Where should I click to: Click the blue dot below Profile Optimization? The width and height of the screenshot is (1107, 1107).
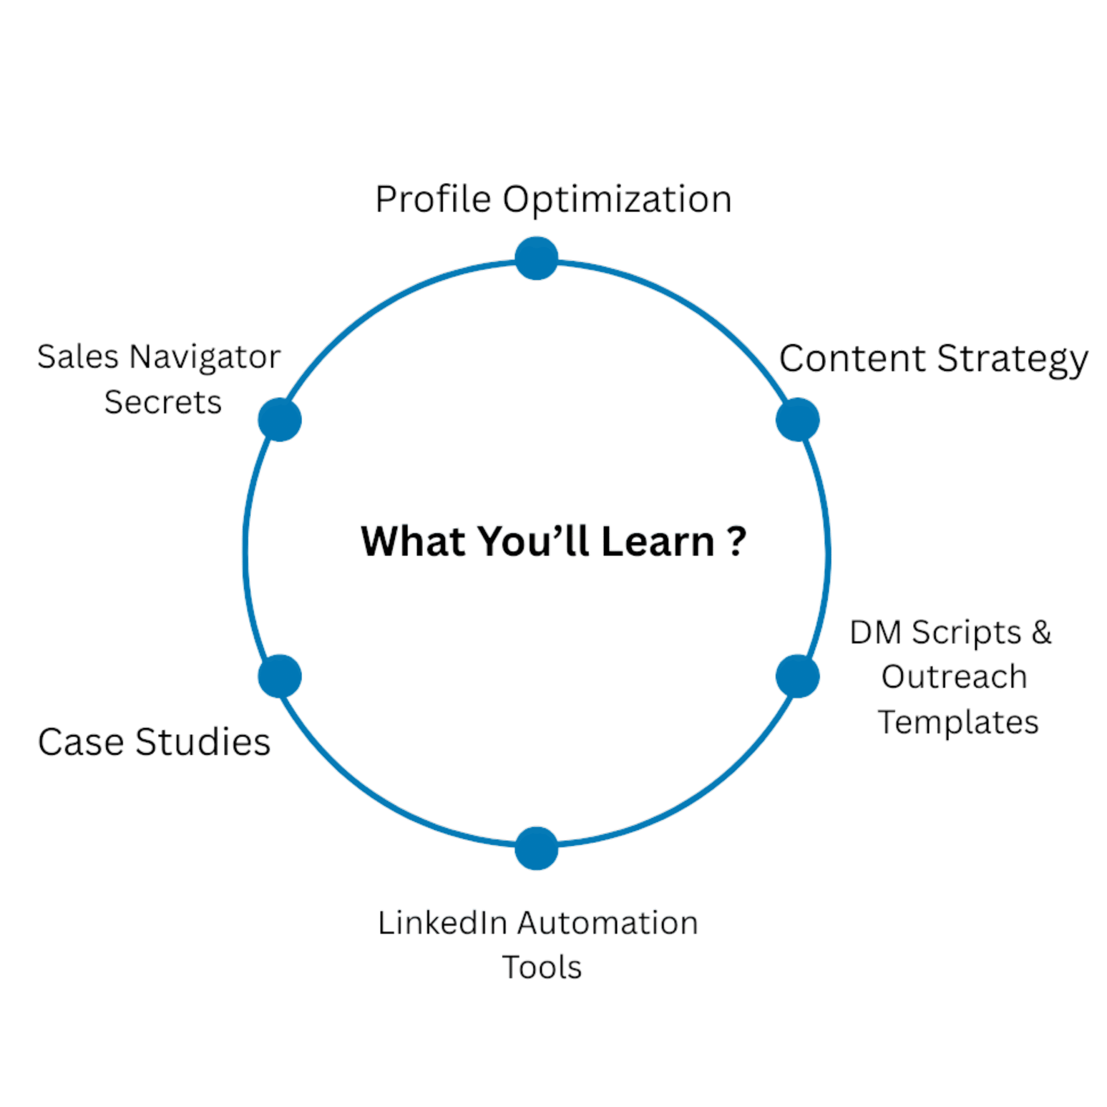pos(536,259)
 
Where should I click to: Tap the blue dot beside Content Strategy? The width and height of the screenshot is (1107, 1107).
pos(797,420)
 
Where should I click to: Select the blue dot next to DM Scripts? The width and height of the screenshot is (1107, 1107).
pos(797,677)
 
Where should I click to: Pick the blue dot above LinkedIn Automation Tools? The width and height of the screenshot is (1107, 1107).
pos(536,848)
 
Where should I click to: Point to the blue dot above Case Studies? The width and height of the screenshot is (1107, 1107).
pos(280,676)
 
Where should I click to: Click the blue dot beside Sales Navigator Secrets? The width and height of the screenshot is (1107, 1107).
pos(280,420)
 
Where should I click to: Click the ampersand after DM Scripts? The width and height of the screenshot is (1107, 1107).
pos(1041,633)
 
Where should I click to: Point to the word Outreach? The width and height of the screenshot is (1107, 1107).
pos(954,677)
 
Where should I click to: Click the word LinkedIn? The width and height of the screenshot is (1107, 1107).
pos(442,924)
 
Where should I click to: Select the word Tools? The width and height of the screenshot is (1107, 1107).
pos(542,968)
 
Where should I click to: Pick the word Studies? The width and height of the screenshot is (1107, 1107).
pos(203,742)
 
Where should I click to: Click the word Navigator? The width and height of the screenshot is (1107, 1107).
pos(205,358)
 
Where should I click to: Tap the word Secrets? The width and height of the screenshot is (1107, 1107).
pos(163,402)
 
